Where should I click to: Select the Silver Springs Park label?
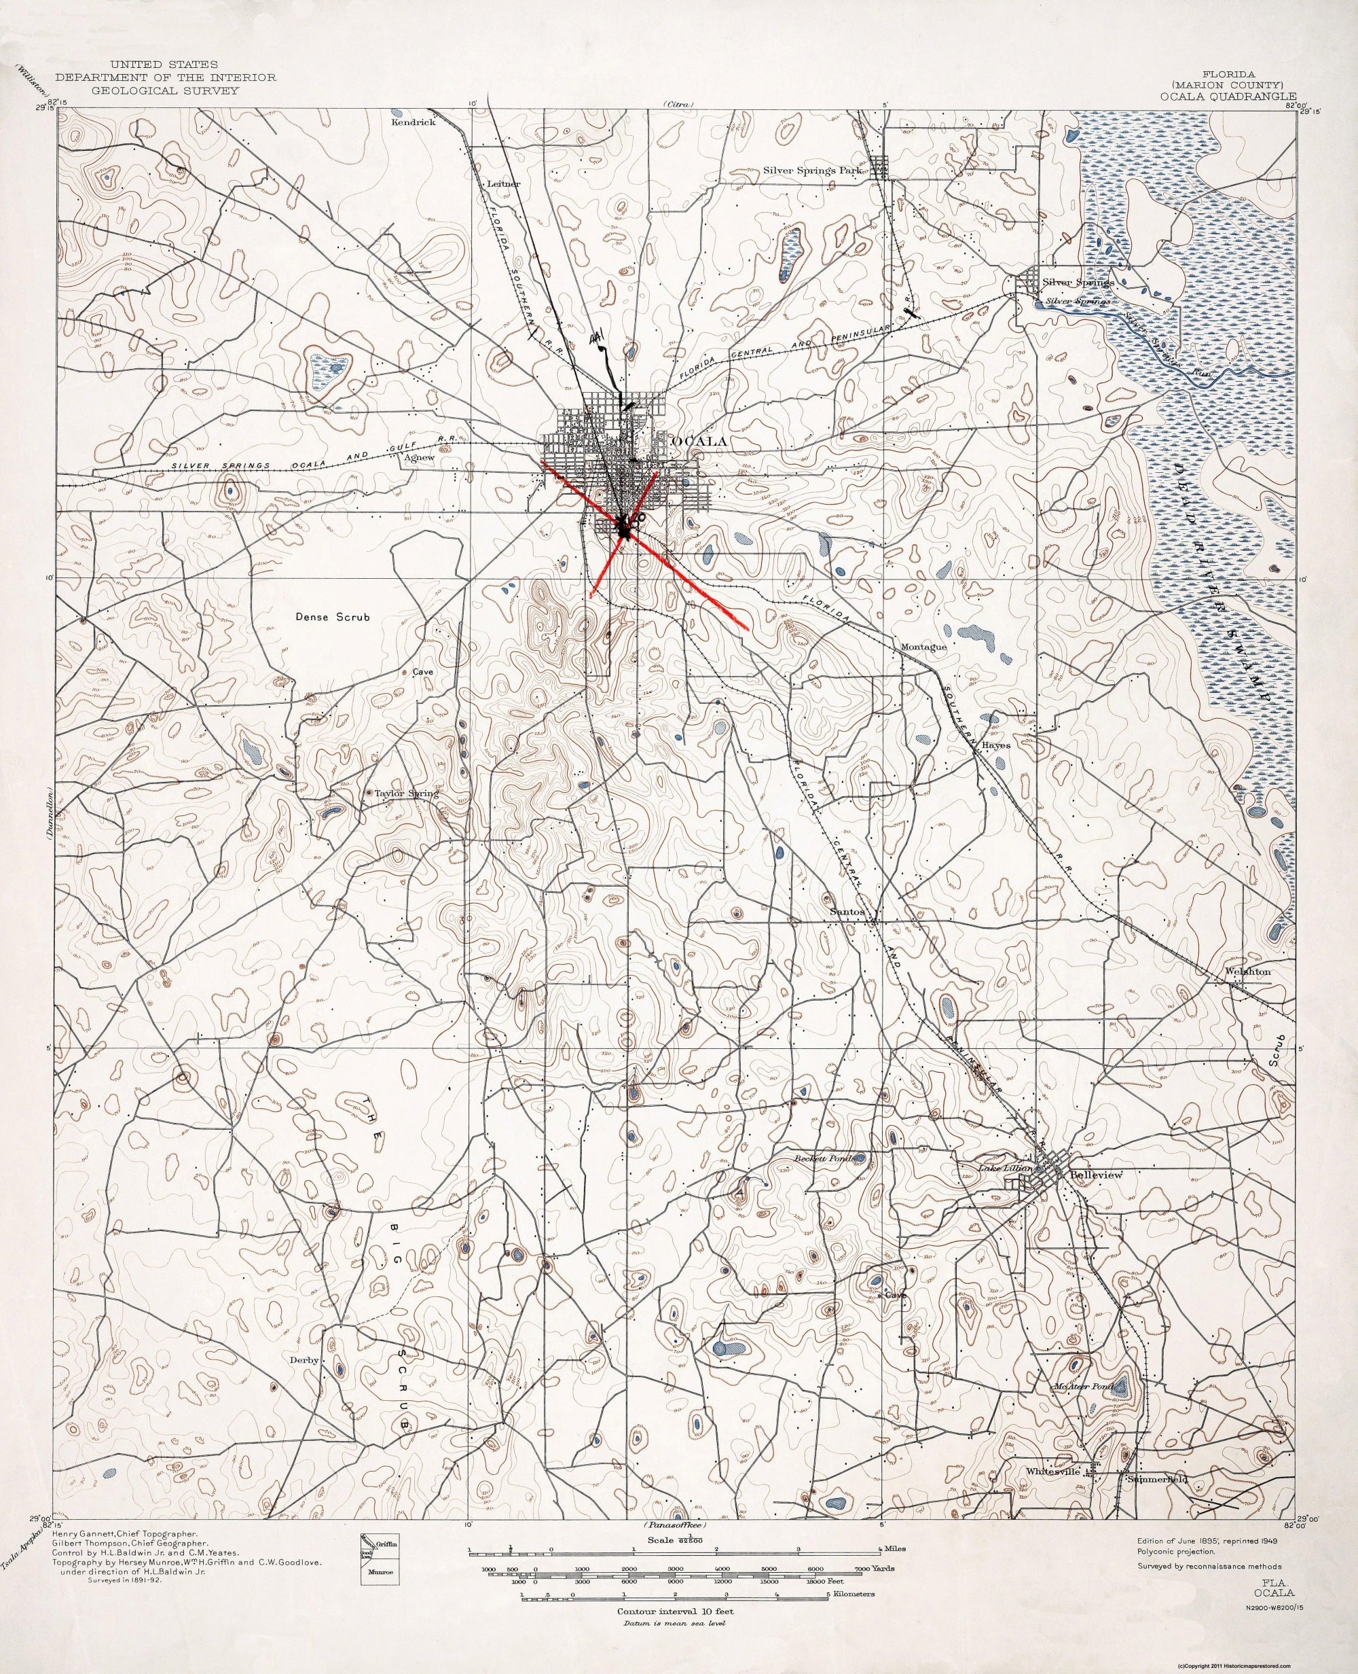813,170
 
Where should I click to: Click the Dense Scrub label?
333,617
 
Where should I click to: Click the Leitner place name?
503,184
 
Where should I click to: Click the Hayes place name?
997,746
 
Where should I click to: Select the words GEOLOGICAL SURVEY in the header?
164,91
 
